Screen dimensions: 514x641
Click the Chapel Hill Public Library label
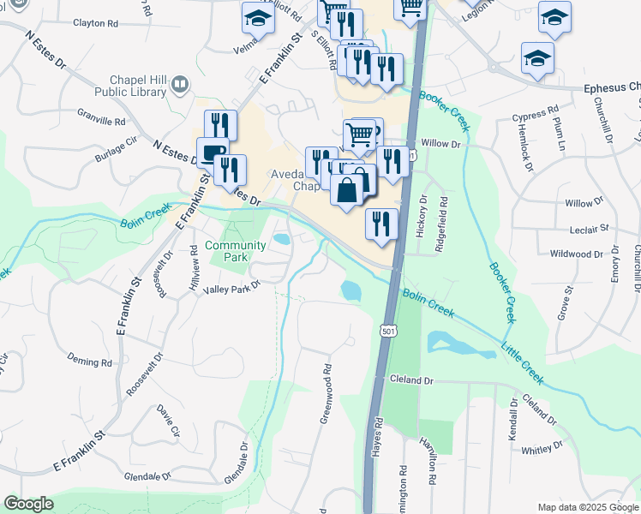(129, 84)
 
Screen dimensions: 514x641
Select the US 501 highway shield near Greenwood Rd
(389, 330)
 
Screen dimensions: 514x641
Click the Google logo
(28, 504)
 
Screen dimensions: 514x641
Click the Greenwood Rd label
(326, 395)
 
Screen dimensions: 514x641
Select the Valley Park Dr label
(231, 290)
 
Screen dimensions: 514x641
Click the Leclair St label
(588, 230)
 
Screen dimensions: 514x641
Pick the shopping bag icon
(346, 190)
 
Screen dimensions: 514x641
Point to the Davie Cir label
(168, 423)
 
